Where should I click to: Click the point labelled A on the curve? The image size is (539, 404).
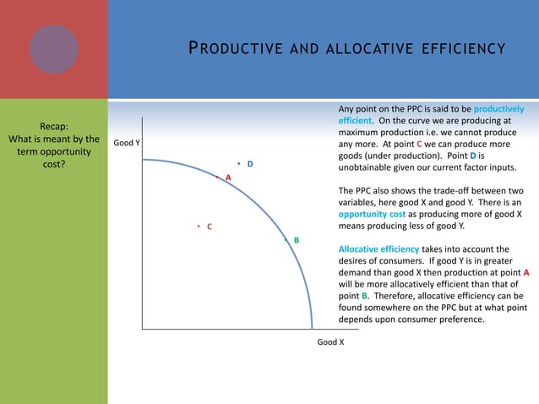(217, 177)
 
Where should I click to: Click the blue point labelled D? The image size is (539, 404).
(239, 163)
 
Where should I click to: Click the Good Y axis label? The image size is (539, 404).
(126, 143)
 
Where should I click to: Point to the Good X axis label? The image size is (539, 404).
(330, 342)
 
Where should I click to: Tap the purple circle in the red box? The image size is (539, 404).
(54, 47)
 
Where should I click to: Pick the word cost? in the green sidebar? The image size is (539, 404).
(54, 165)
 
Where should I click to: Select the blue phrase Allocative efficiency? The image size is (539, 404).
(378, 249)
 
